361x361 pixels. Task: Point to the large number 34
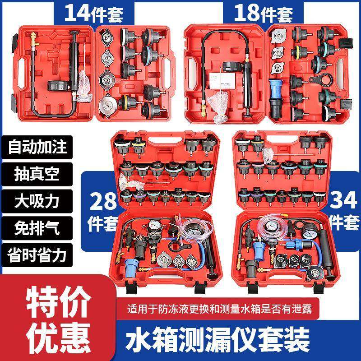click(x=344, y=199)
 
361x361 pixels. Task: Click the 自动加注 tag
click(x=37, y=147)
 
